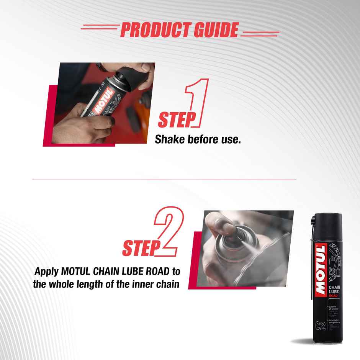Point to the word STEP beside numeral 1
[x=174, y=120]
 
